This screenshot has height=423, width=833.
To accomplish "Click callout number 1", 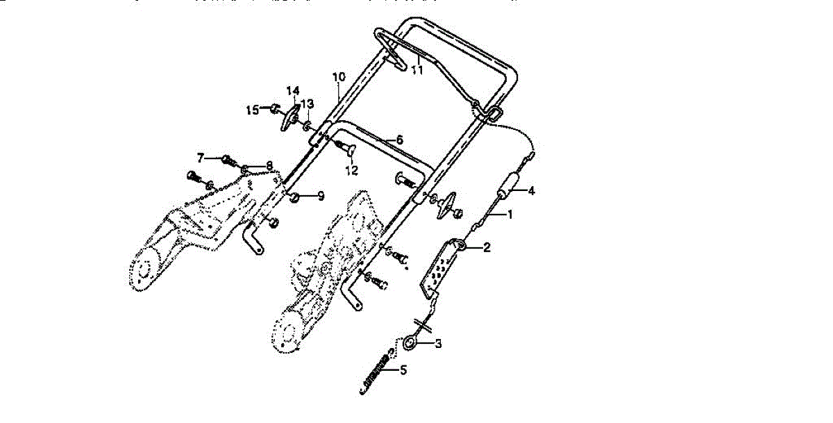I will tap(510, 215).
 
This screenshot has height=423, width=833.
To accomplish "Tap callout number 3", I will tap(438, 343).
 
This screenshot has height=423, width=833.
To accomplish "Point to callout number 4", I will tap(532, 190).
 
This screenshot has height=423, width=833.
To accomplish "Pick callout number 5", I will tap(403, 370).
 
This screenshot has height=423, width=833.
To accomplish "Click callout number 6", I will tap(399, 140).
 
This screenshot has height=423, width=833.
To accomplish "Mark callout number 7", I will tap(200, 156).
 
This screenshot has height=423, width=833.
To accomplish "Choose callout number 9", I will tap(321, 197).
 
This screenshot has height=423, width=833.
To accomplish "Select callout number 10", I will tap(338, 76).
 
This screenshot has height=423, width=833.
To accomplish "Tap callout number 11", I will tap(416, 69).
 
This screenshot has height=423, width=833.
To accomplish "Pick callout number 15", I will tap(253, 110).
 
